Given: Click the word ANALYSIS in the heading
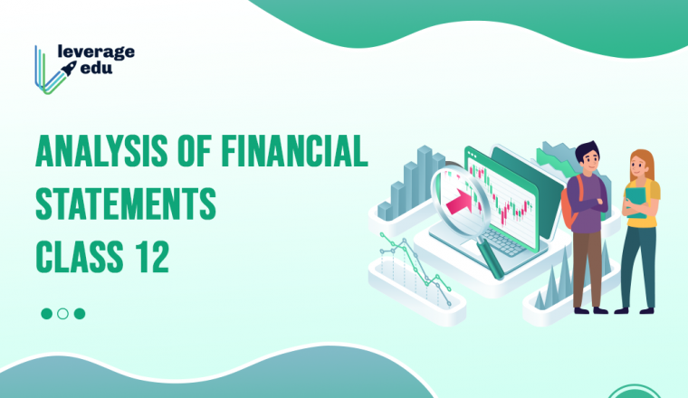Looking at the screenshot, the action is point(101,151).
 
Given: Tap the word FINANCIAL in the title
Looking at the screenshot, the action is point(294,151).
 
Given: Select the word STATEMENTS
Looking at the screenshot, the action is point(126,204).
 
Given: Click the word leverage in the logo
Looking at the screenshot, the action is point(96,52).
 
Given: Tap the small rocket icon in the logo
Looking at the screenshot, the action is point(69,69).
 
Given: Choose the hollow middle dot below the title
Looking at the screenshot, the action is point(62,314).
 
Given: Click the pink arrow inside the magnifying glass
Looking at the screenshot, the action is point(459,202).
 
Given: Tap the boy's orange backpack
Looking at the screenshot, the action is point(569,204).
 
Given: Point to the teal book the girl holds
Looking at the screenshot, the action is point(636,202).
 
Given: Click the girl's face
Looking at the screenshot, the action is point(638,166).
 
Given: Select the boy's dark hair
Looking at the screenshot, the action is point(588,151).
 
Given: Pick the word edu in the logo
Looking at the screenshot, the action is point(97,69).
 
